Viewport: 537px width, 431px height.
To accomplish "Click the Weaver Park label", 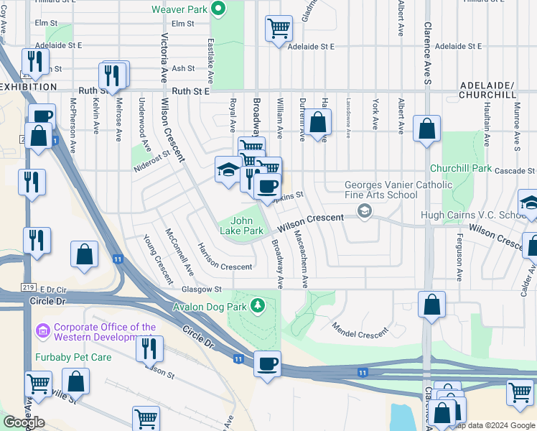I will tap(179, 9).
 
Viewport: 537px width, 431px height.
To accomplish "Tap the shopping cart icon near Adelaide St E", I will tap(279, 29).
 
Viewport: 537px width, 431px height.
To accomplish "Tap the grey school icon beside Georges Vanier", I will tap(365, 210).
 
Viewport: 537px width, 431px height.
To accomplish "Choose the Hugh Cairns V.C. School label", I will tap(482, 215).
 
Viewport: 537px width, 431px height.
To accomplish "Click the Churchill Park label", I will tap(470, 169).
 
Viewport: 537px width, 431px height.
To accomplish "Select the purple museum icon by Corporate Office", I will tap(42, 331).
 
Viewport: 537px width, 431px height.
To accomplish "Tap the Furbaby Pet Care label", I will tap(70, 356).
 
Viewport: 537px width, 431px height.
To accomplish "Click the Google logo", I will tap(24, 422).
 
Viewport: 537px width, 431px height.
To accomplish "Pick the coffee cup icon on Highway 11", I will tap(267, 364).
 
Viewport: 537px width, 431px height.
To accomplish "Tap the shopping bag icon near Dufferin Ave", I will tap(319, 122).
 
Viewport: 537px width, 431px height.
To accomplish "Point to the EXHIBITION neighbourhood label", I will tap(28, 86).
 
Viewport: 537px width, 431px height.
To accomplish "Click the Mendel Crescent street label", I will tap(360, 330).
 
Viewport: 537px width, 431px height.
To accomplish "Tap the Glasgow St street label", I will tap(202, 289).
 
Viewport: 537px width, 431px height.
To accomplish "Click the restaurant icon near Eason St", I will tap(149, 348).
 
